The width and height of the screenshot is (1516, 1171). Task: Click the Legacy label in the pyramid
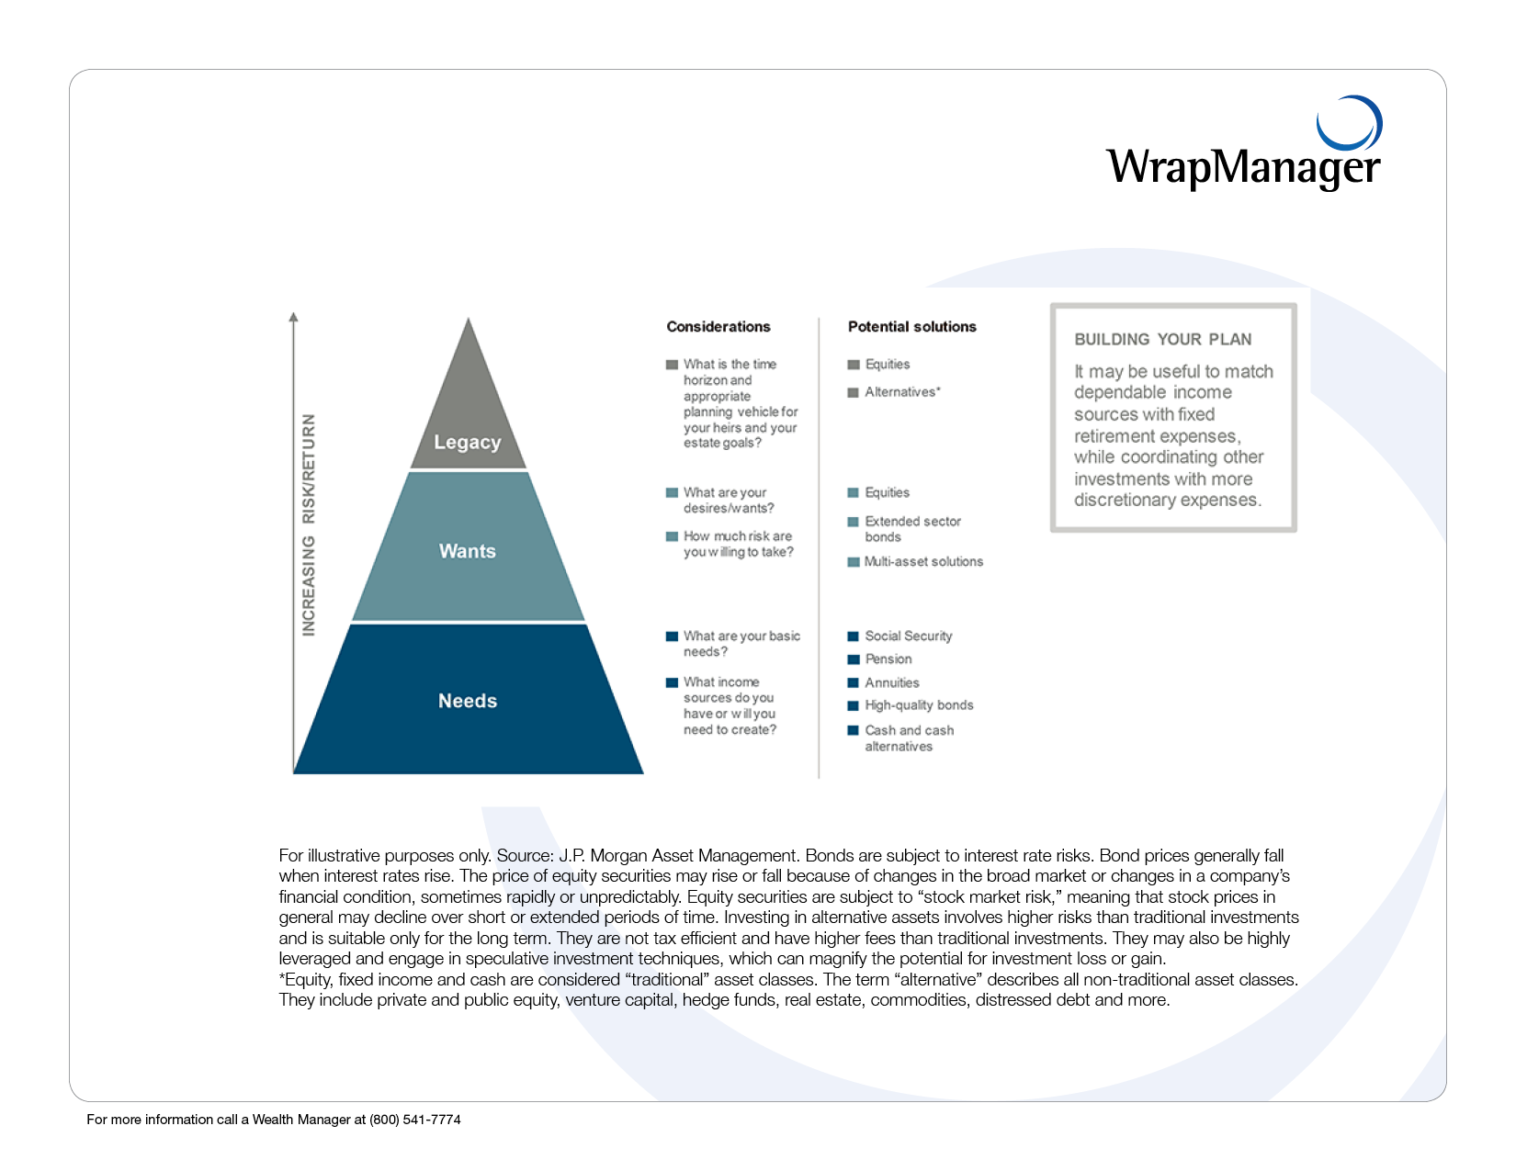(468, 443)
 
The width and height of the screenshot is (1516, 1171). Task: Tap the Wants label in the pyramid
(468, 551)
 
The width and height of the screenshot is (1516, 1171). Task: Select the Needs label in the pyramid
(468, 701)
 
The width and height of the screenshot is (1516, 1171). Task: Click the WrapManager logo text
(1243, 167)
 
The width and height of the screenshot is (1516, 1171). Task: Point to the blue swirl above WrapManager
(1351, 124)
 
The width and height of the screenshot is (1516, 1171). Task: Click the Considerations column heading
(718, 327)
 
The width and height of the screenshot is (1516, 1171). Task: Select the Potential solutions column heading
(911, 327)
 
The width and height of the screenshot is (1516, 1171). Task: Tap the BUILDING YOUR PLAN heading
(1163, 339)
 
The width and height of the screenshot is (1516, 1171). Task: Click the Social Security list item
(908, 636)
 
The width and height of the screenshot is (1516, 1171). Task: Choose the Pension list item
(888, 659)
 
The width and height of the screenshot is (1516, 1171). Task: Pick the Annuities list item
(891, 682)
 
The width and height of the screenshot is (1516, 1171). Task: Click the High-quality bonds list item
(919, 705)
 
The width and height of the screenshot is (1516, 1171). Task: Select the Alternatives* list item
(902, 392)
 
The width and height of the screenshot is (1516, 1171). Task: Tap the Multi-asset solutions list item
(923, 561)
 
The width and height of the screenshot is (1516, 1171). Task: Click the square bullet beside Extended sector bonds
(854, 522)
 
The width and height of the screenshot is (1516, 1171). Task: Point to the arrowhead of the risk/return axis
(294, 318)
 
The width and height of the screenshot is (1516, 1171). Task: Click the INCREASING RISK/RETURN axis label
(309, 524)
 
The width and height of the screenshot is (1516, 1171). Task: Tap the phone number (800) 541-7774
(415, 1120)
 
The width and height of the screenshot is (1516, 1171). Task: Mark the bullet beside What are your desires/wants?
(672, 493)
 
